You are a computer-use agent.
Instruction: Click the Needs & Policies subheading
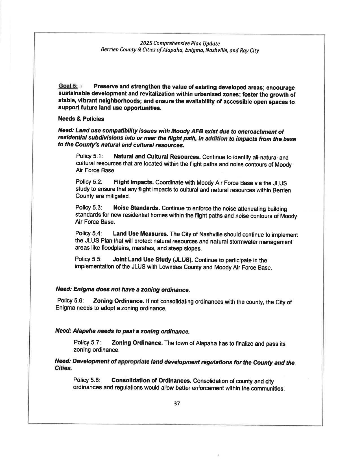click(81, 119)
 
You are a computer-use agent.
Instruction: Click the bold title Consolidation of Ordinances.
click(152, 380)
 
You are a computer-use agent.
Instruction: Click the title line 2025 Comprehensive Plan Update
click(180, 43)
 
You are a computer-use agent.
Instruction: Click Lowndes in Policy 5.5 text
click(169, 267)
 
